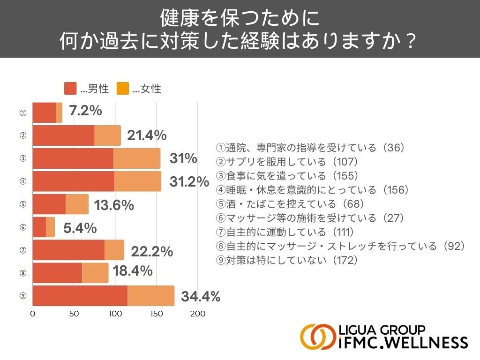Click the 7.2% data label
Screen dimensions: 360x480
85,111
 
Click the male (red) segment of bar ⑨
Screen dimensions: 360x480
80,296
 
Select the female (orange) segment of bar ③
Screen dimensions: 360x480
137,158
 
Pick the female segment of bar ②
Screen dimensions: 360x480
107,135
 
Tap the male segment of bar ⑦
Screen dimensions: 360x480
68,250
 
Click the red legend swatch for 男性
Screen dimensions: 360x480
70,89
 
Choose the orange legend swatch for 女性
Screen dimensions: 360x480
122,89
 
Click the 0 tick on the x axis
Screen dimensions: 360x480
32,314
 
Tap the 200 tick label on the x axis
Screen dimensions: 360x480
198,314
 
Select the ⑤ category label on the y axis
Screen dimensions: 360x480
22,204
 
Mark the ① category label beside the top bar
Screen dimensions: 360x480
22,113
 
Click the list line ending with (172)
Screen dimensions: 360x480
286,260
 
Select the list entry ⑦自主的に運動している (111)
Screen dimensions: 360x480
284,232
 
